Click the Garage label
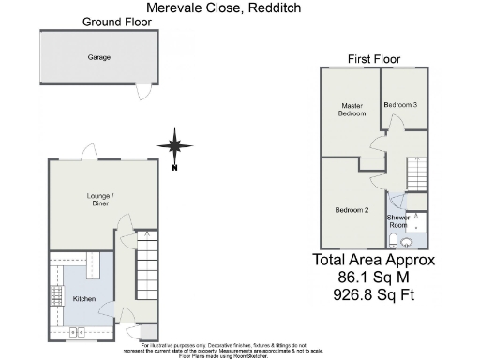[x=99, y=58]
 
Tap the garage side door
[x=142, y=91]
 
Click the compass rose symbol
[x=174, y=145]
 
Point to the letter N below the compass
[x=175, y=169]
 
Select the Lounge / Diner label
[x=100, y=200]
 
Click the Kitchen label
[x=85, y=299]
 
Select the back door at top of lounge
[x=89, y=152]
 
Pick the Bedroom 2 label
[x=351, y=210]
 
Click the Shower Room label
[x=398, y=221]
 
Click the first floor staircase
[x=415, y=173]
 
